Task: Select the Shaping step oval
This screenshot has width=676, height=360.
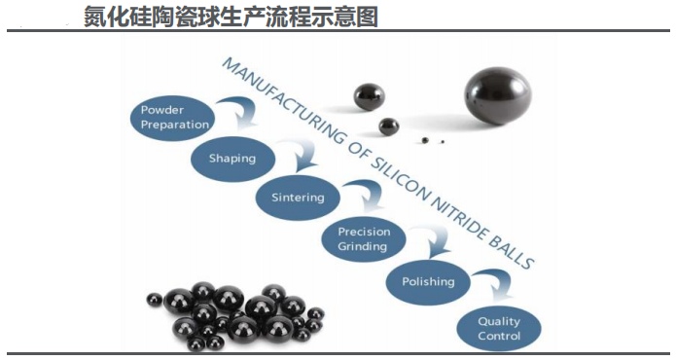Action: (x=231, y=158)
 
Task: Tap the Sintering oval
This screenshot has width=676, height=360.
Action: (x=298, y=198)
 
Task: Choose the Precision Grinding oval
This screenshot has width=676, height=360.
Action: (x=364, y=238)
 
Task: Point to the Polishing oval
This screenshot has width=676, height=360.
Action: (x=428, y=282)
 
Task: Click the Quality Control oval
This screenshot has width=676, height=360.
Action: (x=498, y=328)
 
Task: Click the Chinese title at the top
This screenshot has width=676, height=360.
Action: (x=230, y=16)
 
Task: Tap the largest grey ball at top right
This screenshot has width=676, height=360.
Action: (x=497, y=95)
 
